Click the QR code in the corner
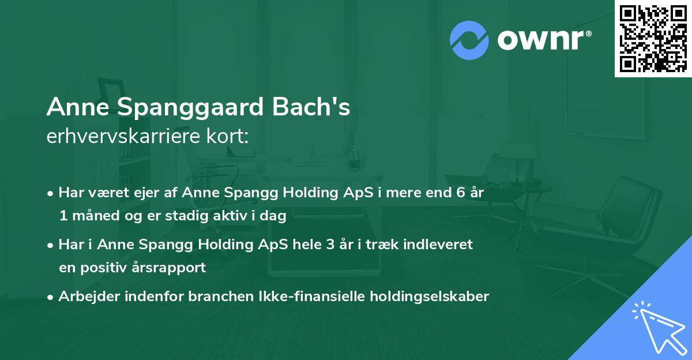[x=653, y=38]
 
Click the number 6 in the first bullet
[x=460, y=193]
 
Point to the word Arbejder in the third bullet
[x=85, y=297]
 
